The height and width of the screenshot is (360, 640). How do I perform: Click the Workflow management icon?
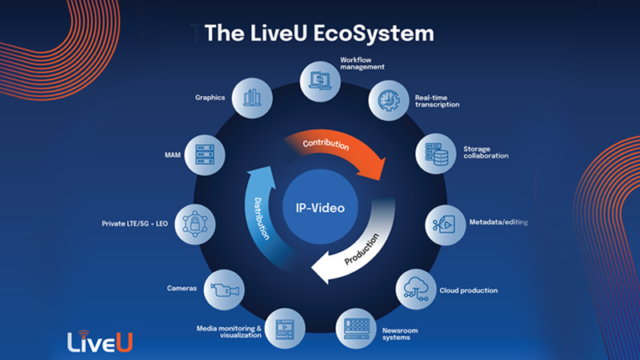[x=318, y=79]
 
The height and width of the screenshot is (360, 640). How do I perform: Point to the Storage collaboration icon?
[x=437, y=152]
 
